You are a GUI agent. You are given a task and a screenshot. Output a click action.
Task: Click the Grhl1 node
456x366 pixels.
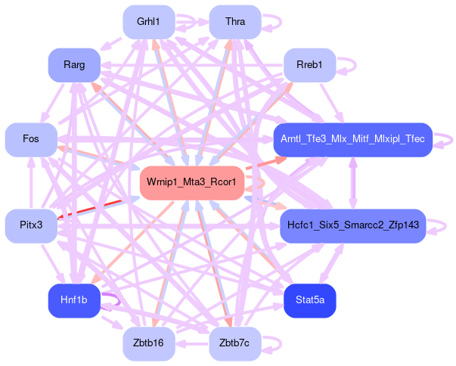point(149,22)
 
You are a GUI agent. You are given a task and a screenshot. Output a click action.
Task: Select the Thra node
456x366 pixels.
point(235,22)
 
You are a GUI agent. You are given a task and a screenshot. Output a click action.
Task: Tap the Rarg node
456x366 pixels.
point(74,65)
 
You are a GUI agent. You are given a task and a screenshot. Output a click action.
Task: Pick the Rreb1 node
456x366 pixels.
point(309,66)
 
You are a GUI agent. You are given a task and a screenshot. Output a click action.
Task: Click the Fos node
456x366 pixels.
point(31,139)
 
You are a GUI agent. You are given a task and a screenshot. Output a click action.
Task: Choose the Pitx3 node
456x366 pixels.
point(31,225)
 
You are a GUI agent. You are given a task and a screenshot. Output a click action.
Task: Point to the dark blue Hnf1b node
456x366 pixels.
point(74,300)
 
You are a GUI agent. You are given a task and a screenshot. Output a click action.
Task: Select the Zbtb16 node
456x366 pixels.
point(149,343)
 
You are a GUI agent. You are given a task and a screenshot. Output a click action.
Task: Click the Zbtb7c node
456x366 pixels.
point(235,343)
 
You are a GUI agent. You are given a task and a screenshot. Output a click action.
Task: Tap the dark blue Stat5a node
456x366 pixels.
point(310,300)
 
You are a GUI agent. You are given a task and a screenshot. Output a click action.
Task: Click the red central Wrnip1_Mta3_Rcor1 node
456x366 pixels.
point(191,182)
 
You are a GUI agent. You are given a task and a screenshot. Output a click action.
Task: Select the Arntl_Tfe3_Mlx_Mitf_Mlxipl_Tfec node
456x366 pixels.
point(352,139)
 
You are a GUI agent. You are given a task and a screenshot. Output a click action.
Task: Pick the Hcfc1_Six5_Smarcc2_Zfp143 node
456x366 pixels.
point(352,225)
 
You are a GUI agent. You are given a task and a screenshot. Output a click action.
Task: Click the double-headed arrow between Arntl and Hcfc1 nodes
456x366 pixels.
point(352,182)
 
